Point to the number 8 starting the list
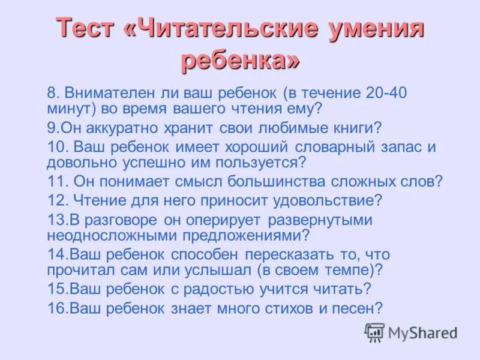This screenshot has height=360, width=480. pos(52,93)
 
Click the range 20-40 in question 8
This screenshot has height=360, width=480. pos(388,93)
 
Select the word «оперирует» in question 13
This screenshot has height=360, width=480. pos(218,219)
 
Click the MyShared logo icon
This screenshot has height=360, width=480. pos(375,332)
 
